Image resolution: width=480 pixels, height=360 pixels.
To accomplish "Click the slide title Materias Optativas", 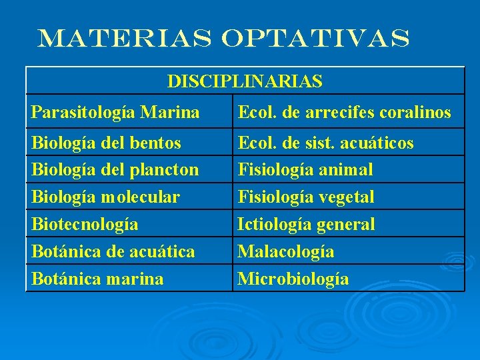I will (224, 39).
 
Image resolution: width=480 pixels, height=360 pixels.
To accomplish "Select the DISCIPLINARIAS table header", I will (245, 81).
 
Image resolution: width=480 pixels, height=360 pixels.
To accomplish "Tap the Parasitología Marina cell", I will (115, 113).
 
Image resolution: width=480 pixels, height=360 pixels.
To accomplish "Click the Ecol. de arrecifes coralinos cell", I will (345, 113).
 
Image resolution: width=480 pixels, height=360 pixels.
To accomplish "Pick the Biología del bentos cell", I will (107, 143).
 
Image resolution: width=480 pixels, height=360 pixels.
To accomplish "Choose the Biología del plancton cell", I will (115, 170).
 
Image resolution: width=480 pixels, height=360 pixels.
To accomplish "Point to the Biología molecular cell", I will (106, 197).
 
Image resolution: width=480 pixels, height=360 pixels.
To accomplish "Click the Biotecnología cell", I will (85, 224).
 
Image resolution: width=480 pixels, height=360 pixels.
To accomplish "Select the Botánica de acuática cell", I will (113, 251).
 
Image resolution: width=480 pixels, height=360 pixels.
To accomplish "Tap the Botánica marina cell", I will (97, 279).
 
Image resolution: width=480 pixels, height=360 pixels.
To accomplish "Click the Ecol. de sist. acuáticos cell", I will (326, 143).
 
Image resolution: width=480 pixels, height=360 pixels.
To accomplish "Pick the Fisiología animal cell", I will (305, 170).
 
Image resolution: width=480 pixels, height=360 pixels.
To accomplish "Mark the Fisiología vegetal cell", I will (306, 197).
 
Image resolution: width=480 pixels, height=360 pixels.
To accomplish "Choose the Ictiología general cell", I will (307, 224).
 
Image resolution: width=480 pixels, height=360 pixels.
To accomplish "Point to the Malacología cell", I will (286, 251).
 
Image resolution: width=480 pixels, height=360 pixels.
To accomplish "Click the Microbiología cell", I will (293, 279).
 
